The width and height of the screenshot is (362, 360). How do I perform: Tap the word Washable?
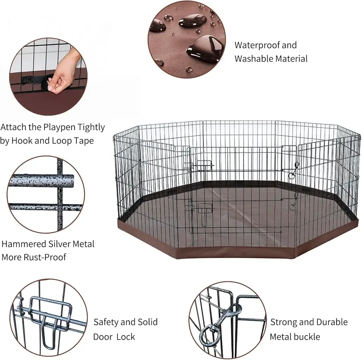tap(254, 59)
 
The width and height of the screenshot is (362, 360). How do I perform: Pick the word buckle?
tap(307, 337)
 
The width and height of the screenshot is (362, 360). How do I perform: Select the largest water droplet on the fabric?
tap(206, 48)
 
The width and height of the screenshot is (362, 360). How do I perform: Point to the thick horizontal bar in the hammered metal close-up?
tap(42, 181)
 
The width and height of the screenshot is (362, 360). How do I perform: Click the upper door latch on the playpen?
tap(198, 165)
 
